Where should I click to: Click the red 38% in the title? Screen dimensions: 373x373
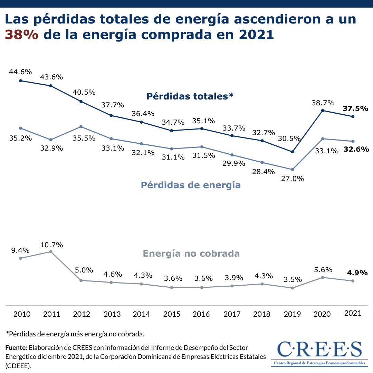click(x=21, y=35)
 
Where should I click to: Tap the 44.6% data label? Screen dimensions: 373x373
click(x=20, y=72)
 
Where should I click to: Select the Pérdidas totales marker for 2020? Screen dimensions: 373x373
click(x=323, y=111)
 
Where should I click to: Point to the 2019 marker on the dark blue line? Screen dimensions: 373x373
click(x=292, y=152)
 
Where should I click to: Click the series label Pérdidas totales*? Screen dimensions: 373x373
click(x=190, y=96)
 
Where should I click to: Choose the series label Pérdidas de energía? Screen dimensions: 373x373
click(x=191, y=185)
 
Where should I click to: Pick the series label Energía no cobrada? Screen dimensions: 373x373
click(x=191, y=254)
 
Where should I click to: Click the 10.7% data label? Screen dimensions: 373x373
click(x=51, y=245)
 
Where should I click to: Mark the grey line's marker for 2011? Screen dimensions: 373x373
click(x=51, y=252)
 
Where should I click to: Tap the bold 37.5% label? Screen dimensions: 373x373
click(x=355, y=108)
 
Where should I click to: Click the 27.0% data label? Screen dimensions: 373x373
click(x=292, y=179)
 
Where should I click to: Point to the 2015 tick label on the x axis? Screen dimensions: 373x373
click(x=172, y=314)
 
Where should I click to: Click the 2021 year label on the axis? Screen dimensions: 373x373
click(x=353, y=313)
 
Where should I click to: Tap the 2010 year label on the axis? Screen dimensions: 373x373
click(x=22, y=314)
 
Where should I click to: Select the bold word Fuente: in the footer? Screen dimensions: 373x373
click(x=16, y=347)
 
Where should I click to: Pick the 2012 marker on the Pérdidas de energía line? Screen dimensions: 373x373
click(x=81, y=126)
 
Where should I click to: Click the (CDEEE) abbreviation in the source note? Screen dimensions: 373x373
click(x=18, y=365)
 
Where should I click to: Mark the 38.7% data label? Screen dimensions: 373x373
click(x=323, y=103)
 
